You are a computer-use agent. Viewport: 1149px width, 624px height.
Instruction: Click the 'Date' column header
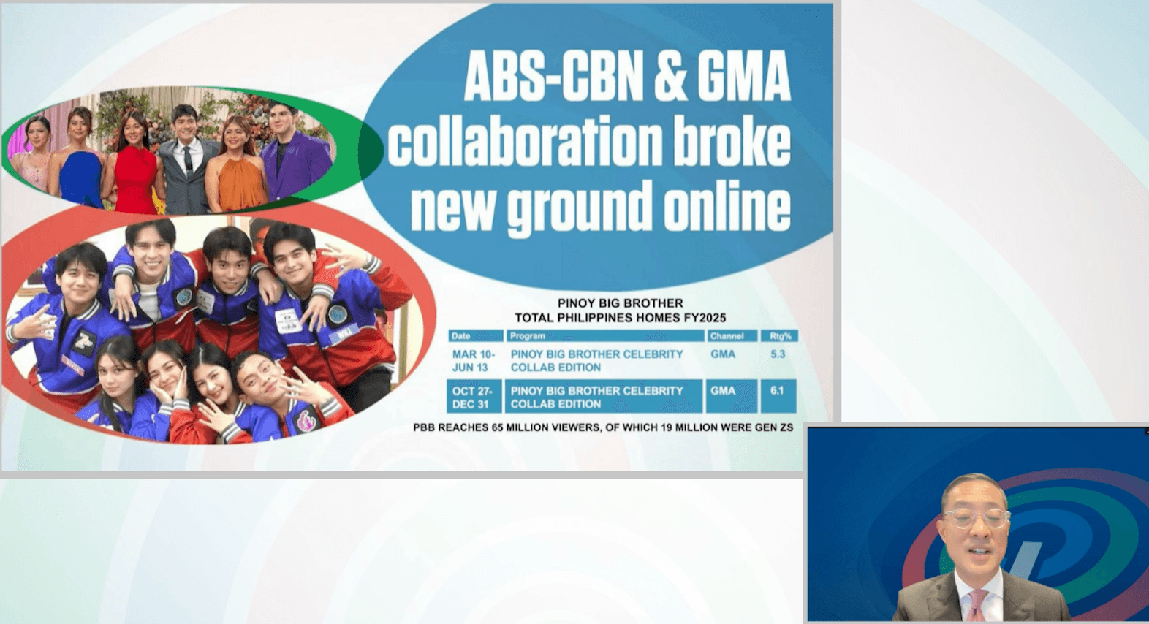476,336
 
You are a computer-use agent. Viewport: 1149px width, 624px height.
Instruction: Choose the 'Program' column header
604,336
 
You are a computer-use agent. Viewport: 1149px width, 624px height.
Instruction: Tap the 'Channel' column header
732,336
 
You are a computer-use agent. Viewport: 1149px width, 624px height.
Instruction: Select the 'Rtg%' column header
779,336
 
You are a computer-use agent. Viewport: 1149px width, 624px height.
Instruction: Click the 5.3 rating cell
778,354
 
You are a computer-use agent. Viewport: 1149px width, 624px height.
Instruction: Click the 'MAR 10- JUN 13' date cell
474,361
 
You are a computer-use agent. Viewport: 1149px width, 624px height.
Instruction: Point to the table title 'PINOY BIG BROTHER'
620,303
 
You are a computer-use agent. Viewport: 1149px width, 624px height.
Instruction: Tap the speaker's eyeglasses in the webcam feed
975,518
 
